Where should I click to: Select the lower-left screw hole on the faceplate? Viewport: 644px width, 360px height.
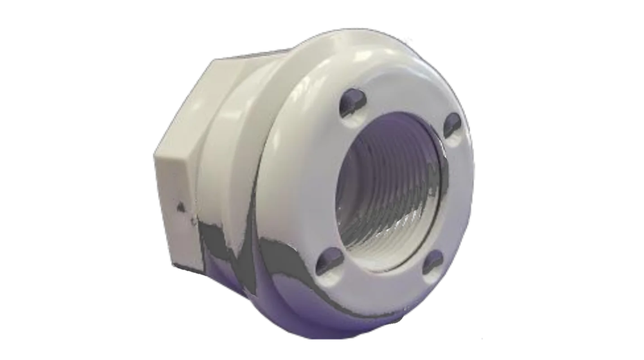pos(330,261)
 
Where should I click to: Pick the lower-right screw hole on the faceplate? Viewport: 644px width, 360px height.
pos(433,261)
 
